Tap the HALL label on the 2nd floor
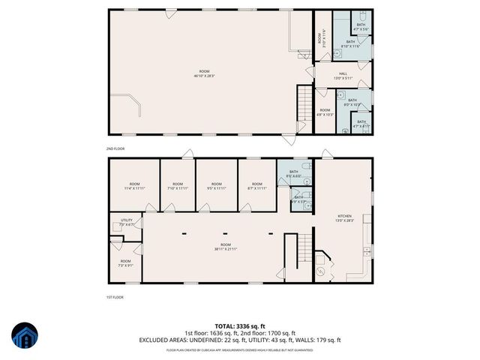341,74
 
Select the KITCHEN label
344,217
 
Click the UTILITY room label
126,222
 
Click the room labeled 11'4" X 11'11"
134,186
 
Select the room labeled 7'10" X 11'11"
178,186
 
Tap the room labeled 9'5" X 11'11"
217,186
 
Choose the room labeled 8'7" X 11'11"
256,186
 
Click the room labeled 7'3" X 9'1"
125,263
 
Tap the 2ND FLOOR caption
117,149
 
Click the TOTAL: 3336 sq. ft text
239,325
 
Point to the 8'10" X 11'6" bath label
350,43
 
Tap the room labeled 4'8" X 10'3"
325,112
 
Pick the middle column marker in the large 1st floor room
226,233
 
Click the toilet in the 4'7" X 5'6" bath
361,16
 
